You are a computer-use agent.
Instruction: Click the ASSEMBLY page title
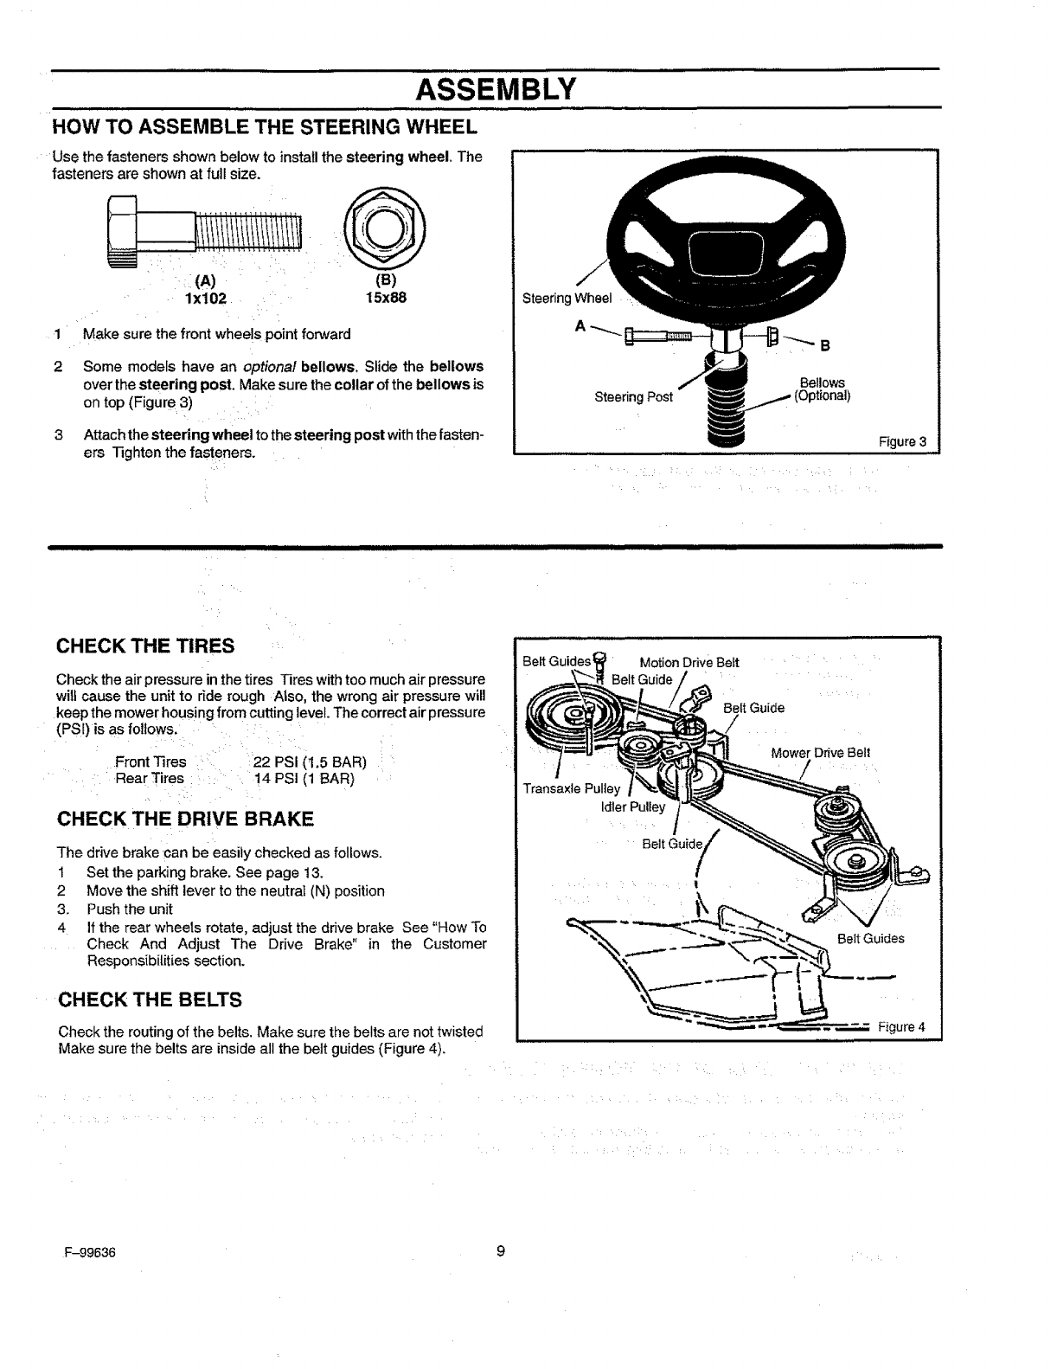click(x=495, y=88)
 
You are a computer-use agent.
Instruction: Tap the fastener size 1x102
click(x=205, y=299)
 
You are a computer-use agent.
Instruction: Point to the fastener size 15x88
click(x=381, y=299)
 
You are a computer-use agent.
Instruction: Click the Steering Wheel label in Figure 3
click(x=567, y=299)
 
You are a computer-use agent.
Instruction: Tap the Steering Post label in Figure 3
click(x=633, y=397)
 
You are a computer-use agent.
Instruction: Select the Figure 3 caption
click(x=902, y=442)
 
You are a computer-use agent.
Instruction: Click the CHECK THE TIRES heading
click(x=145, y=646)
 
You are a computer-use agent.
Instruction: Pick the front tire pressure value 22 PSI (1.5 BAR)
click(x=310, y=762)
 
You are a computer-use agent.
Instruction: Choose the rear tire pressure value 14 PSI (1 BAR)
click(x=304, y=779)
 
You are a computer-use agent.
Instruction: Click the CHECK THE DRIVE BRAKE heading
click(x=184, y=819)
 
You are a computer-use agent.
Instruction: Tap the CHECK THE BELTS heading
click(x=149, y=999)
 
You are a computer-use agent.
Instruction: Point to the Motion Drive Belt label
click(x=689, y=663)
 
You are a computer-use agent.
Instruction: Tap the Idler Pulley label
click(x=633, y=807)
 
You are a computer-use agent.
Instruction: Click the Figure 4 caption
click(x=901, y=1027)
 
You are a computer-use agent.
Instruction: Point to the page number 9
click(x=501, y=1252)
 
